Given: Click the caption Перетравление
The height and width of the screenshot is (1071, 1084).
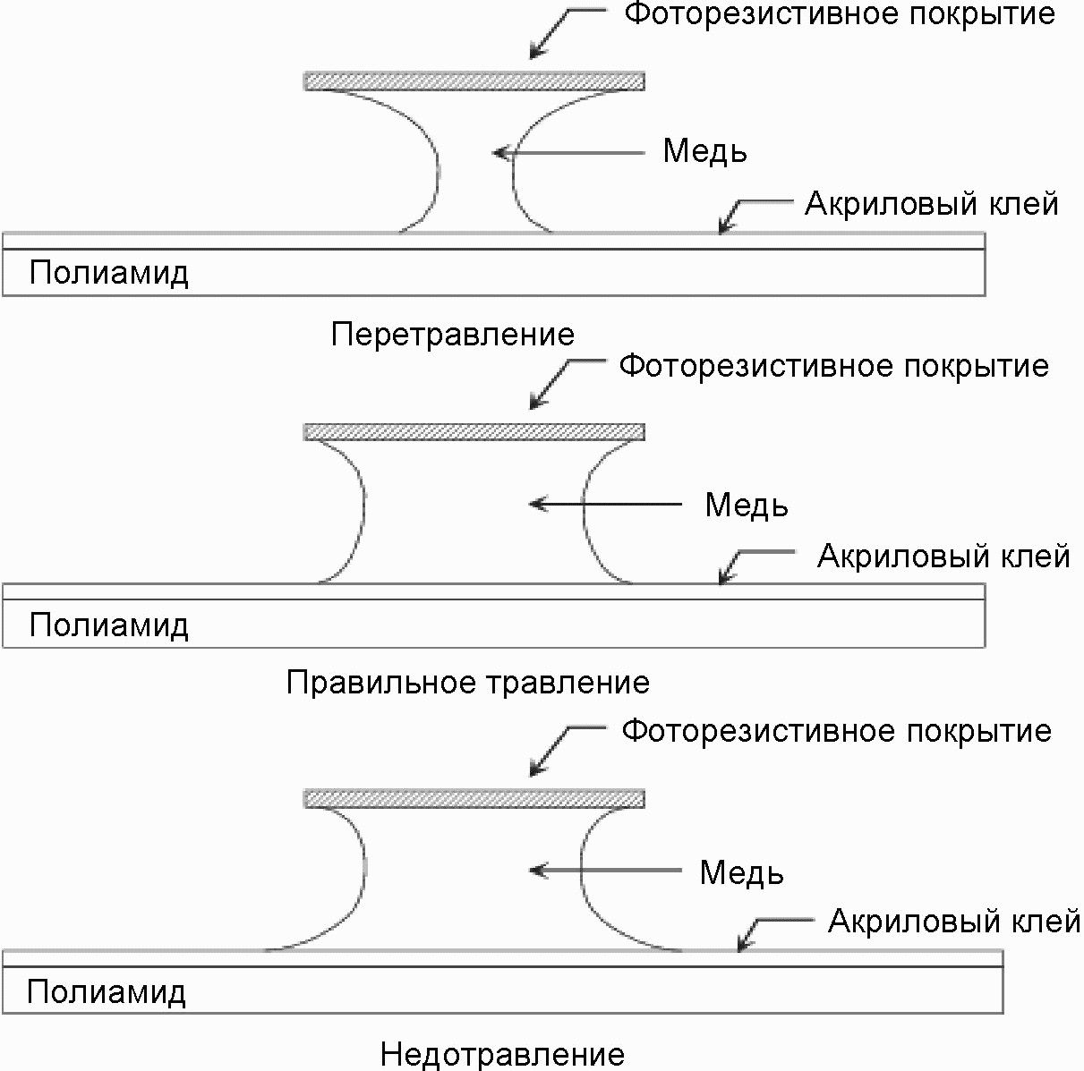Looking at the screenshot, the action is pyautogui.click(x=453, y=336).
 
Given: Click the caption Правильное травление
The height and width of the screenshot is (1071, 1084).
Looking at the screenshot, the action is pyautogui.click(x=468, y=683).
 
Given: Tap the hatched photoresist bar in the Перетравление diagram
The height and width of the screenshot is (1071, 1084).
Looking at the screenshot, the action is pyautogui.click(x=474, y=81).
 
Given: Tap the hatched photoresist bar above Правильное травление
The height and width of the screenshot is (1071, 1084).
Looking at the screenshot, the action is pyautogui.click(x=474, y=432).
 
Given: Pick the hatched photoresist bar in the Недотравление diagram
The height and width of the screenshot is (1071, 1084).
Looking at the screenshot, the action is pyautogui.click(x=474, y=799).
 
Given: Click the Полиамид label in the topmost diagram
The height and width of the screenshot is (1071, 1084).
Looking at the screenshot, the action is pyautogui.click(x=108, y=274).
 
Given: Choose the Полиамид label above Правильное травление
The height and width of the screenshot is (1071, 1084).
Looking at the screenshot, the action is pyautogui.click(x=108, y=625).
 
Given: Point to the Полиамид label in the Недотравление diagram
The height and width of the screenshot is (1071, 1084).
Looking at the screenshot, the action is pyautogui.click(x=107, y=991).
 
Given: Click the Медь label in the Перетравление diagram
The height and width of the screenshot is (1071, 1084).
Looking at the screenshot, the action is pyautogui.click(x=704, y=151).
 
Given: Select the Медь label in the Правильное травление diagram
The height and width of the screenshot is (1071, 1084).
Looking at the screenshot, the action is pyautogui.click(x=747, y=506).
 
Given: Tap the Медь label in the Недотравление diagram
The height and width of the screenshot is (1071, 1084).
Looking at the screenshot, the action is pyautogui.click(x=741, y=873).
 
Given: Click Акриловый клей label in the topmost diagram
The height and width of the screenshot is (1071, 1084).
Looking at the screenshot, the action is pyautogui.click(x=932, y=204).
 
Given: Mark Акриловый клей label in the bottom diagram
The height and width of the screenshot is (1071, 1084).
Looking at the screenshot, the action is pyautogui.click(x=954, y=922).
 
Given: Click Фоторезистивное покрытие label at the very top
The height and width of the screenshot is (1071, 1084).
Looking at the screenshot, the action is pyautogui.click(x=840, y=14).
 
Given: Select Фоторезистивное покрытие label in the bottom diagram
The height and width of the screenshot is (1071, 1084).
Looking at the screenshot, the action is pyautogui.click(x=836, y=732).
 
